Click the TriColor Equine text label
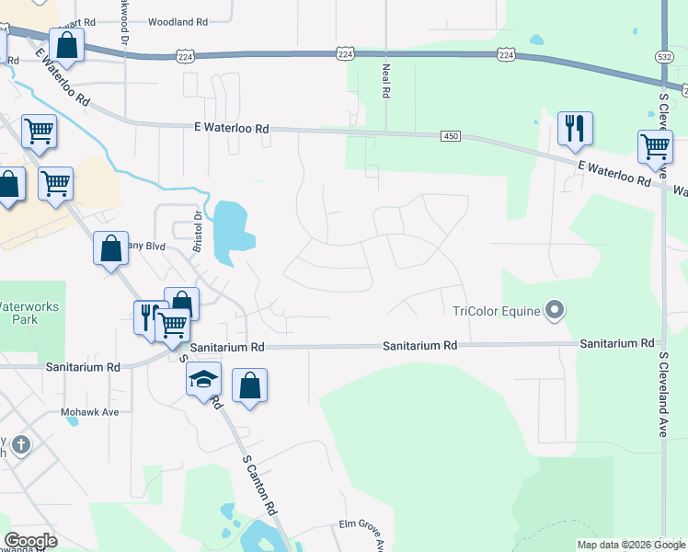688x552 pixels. tap(496, 310)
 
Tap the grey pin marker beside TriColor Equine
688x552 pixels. tap(554, 310)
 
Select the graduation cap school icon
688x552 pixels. tap(203, 378)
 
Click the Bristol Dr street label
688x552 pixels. tap(196, 229)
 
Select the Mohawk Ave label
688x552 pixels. tap(91, 412)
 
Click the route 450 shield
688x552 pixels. tap(450, 136)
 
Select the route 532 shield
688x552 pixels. tap(664, 57)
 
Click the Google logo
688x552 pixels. tap(30, 541)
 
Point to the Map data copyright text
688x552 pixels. tap(631, 545)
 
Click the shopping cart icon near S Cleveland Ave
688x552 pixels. tap(655, 145)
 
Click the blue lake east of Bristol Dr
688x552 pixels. tap(231, 229)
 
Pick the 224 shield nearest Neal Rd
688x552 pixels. tap(345, 55)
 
